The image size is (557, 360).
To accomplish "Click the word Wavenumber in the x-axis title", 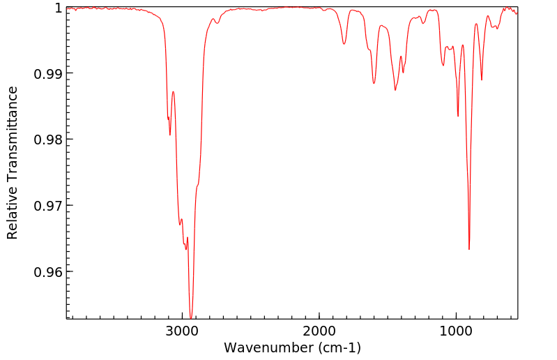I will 268,347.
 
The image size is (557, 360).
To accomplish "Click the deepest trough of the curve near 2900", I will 191,318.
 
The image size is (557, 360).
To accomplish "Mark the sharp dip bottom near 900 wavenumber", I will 469,249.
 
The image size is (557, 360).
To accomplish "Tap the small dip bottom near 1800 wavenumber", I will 344,44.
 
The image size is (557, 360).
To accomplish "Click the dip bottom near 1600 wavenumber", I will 374,84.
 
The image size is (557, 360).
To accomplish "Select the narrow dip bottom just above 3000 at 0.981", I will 170,135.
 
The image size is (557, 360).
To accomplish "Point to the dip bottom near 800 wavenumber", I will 482,80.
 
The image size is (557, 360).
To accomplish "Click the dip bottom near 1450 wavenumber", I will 395,90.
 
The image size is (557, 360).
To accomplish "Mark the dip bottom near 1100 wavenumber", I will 443,66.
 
